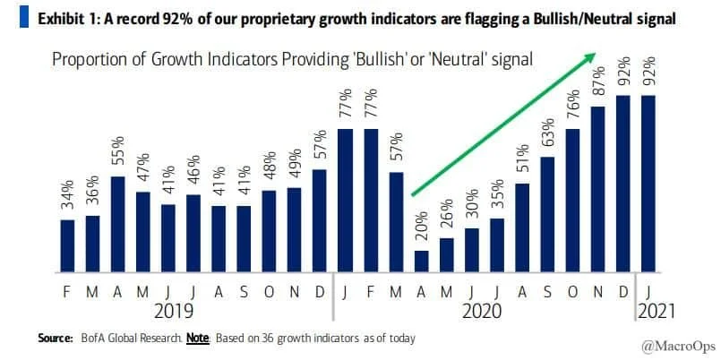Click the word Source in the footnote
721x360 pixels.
(55, 338)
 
